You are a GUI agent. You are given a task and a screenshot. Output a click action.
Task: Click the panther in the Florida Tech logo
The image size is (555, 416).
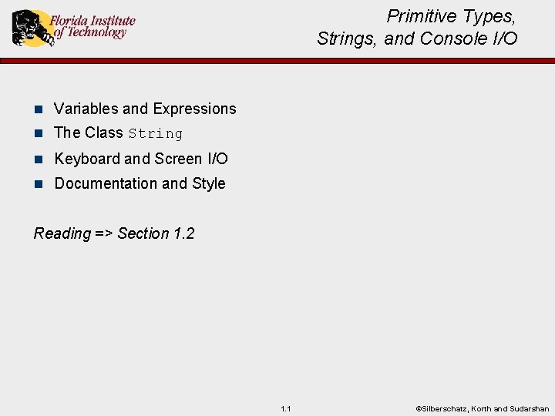29,28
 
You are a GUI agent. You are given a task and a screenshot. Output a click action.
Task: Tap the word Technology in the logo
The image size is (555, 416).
96,33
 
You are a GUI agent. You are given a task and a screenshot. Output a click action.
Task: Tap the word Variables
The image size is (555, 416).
86,109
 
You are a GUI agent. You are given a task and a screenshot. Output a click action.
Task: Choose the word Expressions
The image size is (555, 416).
194,109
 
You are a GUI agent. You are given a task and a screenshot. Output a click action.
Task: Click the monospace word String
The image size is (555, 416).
156,134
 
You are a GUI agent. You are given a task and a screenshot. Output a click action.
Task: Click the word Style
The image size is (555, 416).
209,183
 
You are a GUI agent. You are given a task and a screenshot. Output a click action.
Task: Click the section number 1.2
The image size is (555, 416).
183,233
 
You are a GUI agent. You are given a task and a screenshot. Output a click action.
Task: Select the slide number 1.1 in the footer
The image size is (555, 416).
286,408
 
